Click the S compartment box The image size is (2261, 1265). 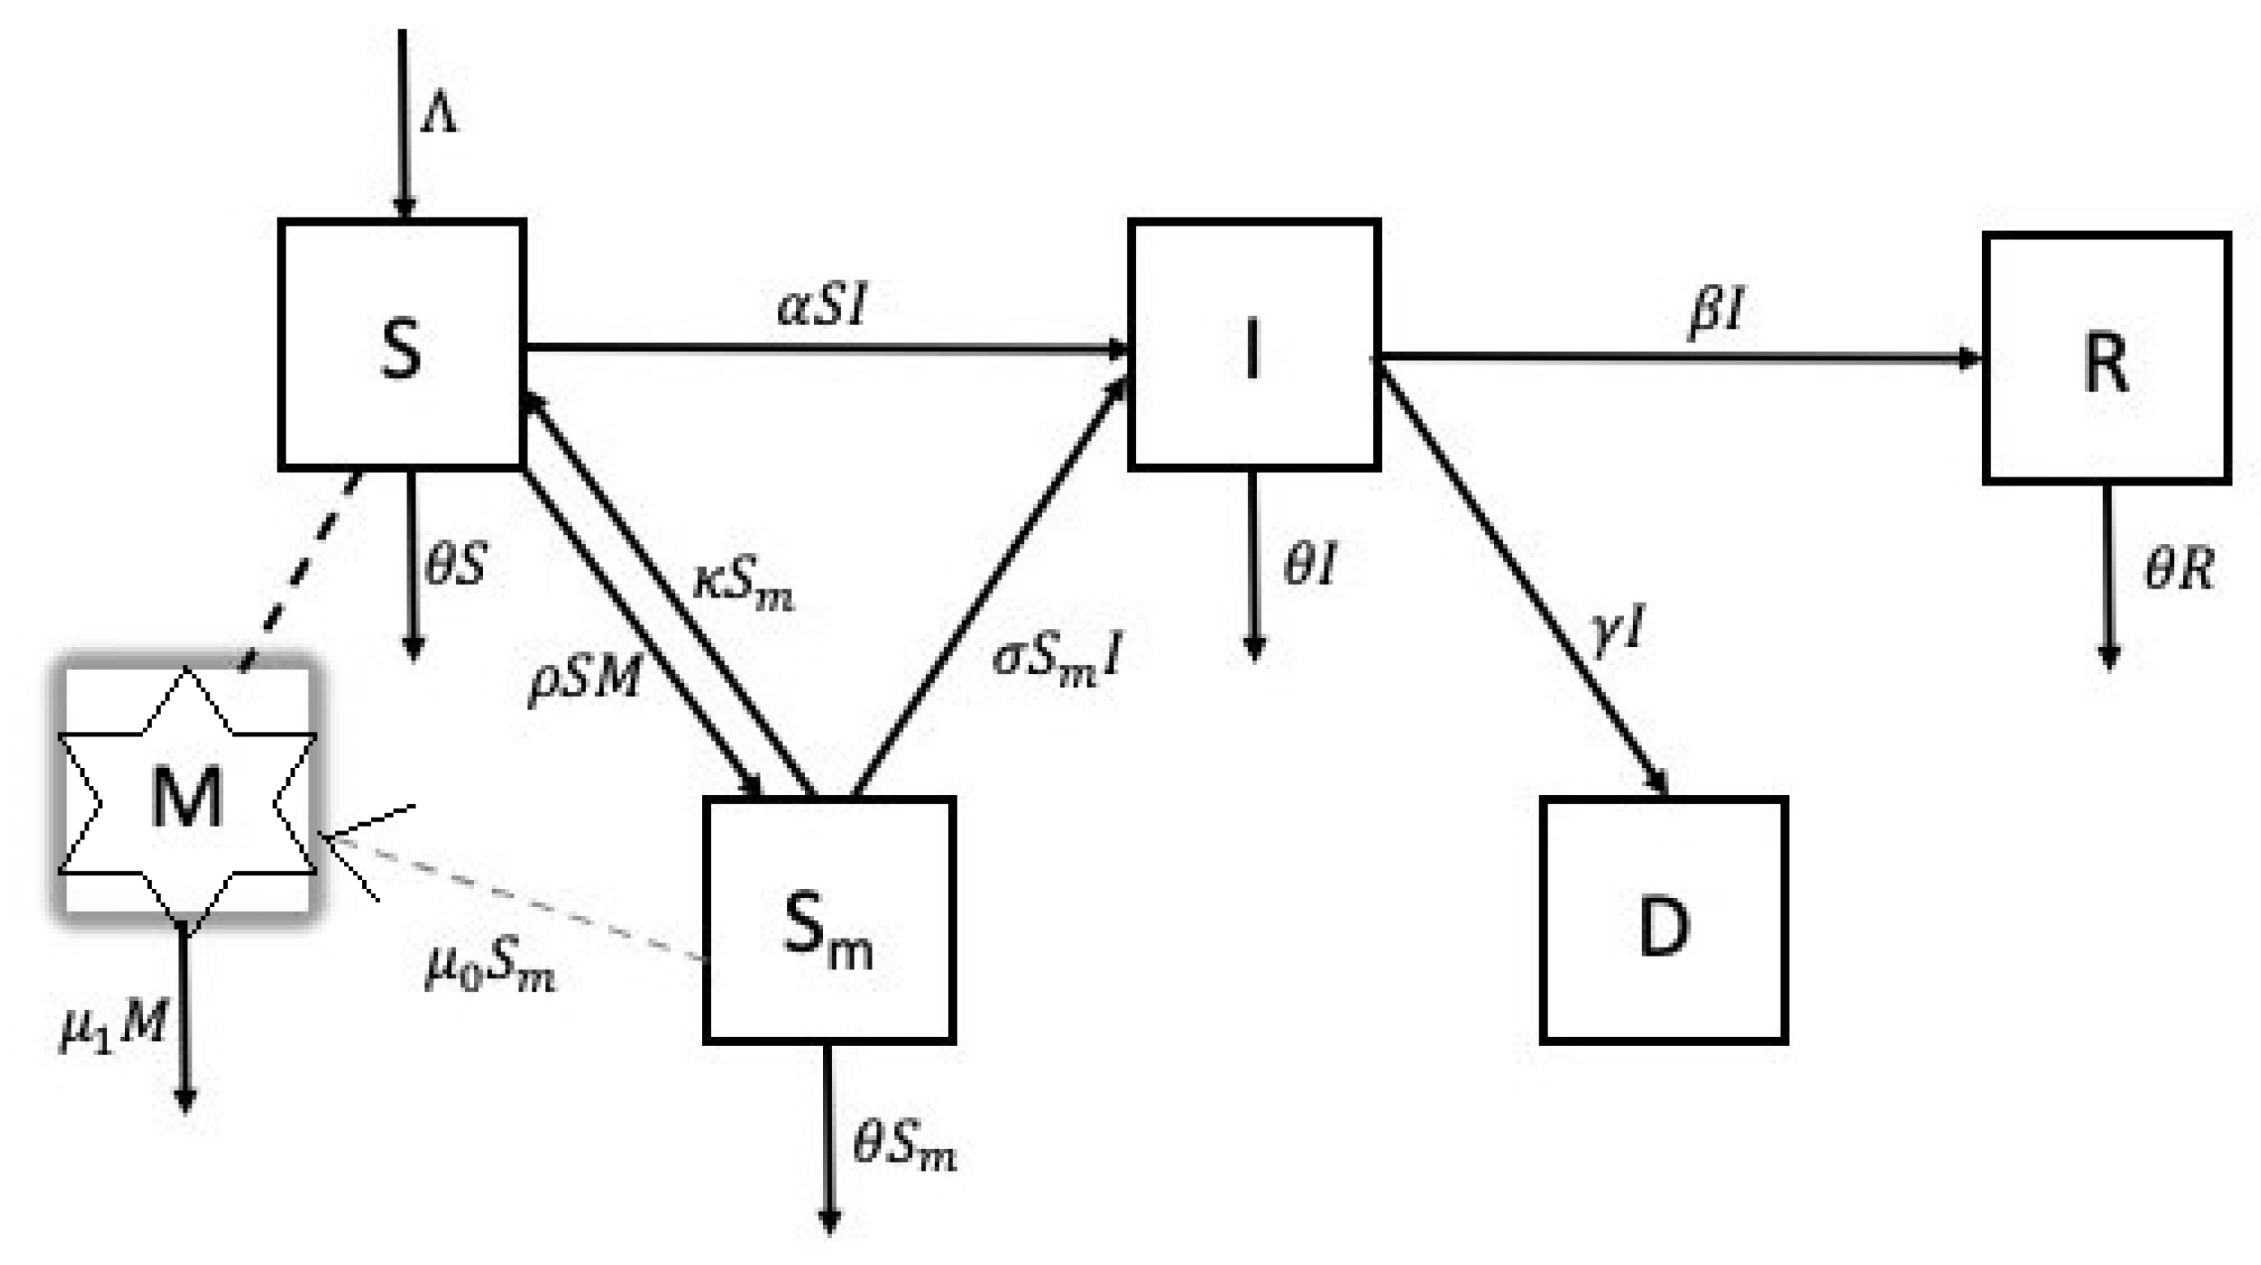pyautogui.click(x=402, y=344)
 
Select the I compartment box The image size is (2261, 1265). pyautogui.click(x=1253, y=344)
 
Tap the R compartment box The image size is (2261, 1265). pyautogui.click(x=2107, y=358)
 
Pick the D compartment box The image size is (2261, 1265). pyautogui.click(x=1663, y=920)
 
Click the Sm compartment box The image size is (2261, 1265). pyautogui.click(x=829, y=920)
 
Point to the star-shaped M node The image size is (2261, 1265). pyautogui.click(x=186, y=794)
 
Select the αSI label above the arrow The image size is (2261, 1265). pyautogui.click(x=822, y=305)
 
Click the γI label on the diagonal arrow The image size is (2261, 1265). pyautogui.click(x=1617, y=630)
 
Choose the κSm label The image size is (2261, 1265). pyautogui.click(x=743, y=584)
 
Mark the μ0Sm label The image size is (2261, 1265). pyautogui.click(x=489, y=969)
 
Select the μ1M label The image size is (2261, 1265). pyautogui.click(x=112, y=1025)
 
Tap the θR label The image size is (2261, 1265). pyautogui.click(x=2178, y=569)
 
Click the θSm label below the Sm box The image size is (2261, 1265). pyautogui.click(x=904, y=1146)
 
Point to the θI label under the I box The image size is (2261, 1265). pyautogui.click(x=1310, y=563)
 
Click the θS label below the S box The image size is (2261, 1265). pyautogui.click(x=454, y=563)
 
